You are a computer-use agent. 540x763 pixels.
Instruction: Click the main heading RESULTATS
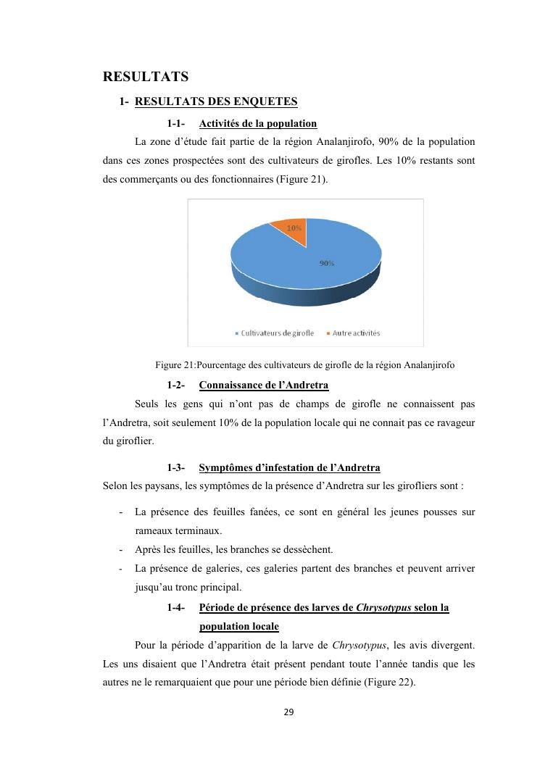pyautogui.click(x=146, y=77)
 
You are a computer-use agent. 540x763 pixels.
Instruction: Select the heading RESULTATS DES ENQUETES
pyautogui.click(x=216, y=102)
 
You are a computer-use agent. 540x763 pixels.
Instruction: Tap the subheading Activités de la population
pyautogui.click(x=257, y=123)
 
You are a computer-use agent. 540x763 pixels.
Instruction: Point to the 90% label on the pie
pyautogui.click(x=327, y=264)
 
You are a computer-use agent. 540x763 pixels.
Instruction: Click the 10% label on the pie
pyautogui.click(x=294, y=228)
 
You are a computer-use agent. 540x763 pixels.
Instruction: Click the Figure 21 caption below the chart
pyautogui.click(x=305, y=364)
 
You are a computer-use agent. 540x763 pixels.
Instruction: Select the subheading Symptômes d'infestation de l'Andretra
pyautogui.click(x=289, y=468)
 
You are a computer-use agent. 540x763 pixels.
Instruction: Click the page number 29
pyautogui.click(x=288, y=712)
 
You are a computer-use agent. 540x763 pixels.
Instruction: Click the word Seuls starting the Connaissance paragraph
pyautogui.click(x=148, y=403)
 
